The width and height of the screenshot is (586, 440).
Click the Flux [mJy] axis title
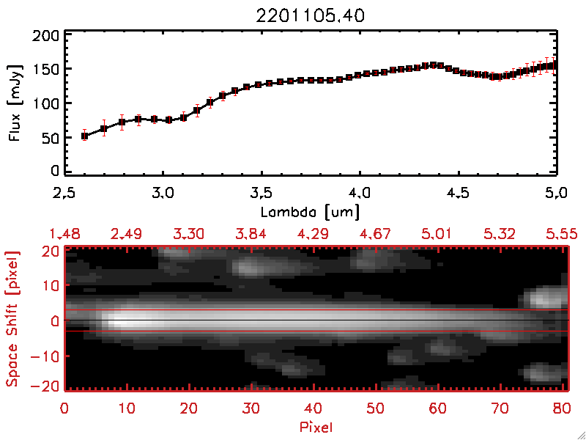pos(12,103)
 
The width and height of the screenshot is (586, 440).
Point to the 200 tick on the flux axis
pos(46,35)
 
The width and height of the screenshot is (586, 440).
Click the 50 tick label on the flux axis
pos(50,136)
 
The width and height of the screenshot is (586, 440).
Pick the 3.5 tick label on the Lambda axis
pos(261,194)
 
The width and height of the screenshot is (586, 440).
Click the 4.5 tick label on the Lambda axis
pos(459,194)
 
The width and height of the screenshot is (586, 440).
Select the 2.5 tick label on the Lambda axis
pos(64,194)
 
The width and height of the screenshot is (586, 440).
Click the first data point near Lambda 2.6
pos(84,136)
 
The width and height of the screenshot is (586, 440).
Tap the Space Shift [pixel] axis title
pos(12,318)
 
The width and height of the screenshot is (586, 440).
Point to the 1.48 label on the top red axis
pos(64,234)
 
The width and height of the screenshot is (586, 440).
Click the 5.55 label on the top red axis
pos(563,234)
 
